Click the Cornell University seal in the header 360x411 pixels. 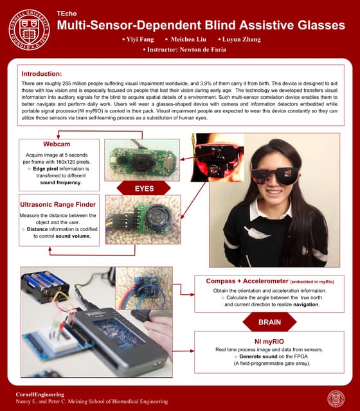(28, 28)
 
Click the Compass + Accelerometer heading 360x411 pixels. (248, 281)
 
